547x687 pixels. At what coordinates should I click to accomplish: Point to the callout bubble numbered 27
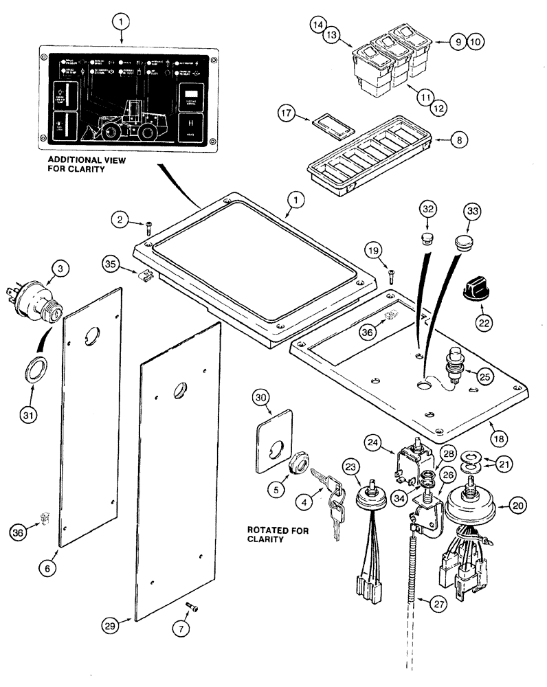(438, 605)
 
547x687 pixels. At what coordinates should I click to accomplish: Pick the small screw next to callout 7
(192, 605)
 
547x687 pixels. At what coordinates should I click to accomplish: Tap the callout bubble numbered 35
(113, 263)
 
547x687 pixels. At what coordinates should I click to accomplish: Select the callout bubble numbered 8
(460, 138)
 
